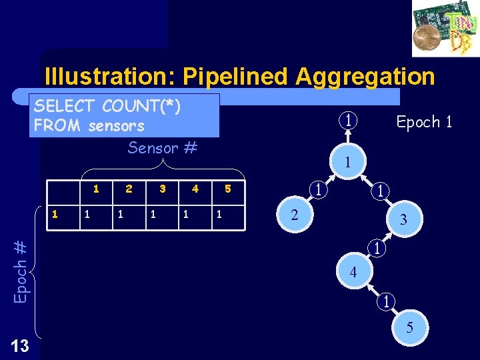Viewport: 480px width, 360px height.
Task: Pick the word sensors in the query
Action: pos(116,125)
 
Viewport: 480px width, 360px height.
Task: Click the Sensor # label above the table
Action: pos(162,147)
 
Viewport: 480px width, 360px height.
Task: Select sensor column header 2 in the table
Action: pos(129,189)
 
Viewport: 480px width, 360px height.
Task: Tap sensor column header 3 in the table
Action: pos(162,189)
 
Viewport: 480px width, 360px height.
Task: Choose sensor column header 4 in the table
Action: pos(195,189)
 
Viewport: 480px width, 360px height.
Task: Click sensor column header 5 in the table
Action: pos(227,189)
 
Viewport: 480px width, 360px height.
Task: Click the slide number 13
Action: pos(20,345)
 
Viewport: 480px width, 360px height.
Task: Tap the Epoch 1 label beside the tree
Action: pos(424,122)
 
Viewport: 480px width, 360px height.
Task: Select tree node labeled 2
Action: pos(293,214)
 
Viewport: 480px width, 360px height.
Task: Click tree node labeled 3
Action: pos(403,219)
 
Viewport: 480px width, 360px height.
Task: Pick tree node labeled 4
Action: pos(353,272)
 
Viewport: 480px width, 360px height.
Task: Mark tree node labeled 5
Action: pos(409,327)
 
